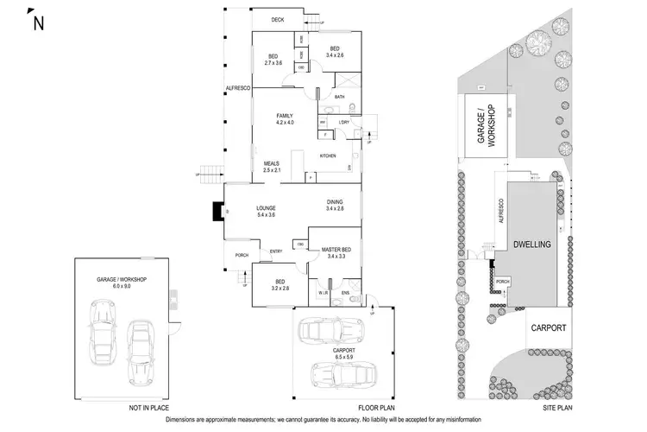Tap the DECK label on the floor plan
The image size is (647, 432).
tap(278, 19)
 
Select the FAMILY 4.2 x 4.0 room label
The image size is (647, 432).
tap(285, 119)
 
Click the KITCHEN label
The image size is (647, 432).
tap(328, 156)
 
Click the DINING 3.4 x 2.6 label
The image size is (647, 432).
tap(335, 205)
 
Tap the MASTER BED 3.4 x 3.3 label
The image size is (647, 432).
tap(335, 252)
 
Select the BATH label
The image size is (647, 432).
tap(339, 98)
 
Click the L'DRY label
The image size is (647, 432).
tap(343, 123)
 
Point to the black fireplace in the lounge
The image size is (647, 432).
tap(216, 212)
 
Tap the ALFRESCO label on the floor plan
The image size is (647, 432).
tap(236, 88)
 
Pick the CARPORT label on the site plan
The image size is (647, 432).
tap(549, 327)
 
